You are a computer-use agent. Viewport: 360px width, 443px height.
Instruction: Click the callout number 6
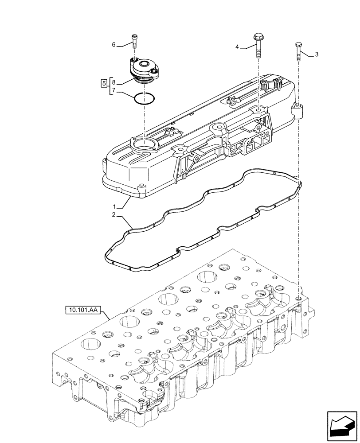click(x=113, y=45)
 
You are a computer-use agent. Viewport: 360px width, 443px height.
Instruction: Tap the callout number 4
click(x=237, y=47)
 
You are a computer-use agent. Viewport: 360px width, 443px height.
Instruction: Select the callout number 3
click(x=316, y=54)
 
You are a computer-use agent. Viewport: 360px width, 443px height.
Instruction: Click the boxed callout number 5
click(x=104, y=83)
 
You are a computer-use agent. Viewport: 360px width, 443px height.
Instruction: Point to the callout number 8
click(x=113, y=82)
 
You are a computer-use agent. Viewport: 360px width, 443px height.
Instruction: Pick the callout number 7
click(x=113, y=91)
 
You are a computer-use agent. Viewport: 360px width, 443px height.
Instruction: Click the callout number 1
click(x=114, y=206)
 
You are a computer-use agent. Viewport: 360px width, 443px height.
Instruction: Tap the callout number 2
click(x=114, y=215)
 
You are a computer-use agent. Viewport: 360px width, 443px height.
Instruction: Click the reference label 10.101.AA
click(x=83, y=310)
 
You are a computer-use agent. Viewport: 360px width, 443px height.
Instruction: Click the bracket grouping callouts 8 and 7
click(x=109, y=87)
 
